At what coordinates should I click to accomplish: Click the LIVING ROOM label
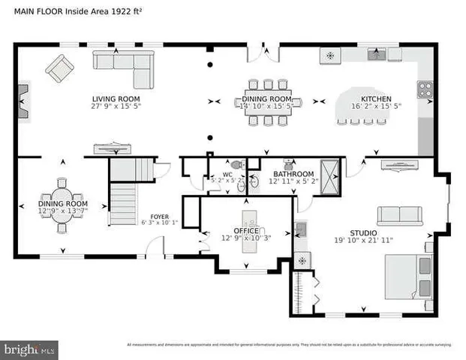(x=116, y=98)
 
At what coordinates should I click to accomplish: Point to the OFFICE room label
(x=245, y=231)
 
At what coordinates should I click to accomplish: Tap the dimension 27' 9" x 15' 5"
(x=116, y=106)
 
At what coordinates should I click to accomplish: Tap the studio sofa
(x=401, y=216)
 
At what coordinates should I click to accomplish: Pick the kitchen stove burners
(x=425, y=88)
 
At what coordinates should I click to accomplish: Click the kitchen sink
(x=376, y=54)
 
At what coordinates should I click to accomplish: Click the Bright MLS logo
(x=30, y=349)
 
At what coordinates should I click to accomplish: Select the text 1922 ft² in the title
(x=128, y=10)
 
